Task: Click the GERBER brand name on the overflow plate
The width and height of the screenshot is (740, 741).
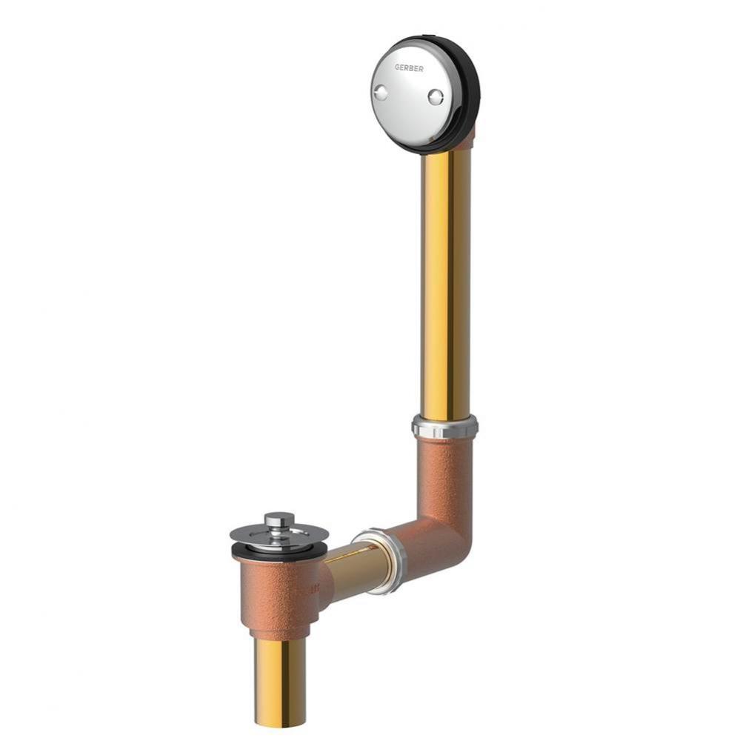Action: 409,68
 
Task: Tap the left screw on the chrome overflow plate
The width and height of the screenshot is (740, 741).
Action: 380,93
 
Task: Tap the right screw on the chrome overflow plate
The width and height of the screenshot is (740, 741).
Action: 436,97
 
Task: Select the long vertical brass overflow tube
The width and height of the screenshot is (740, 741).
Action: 446,284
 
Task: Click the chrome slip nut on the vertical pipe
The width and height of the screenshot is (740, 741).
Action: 444,426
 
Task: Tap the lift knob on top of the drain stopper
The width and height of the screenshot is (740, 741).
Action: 279,520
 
